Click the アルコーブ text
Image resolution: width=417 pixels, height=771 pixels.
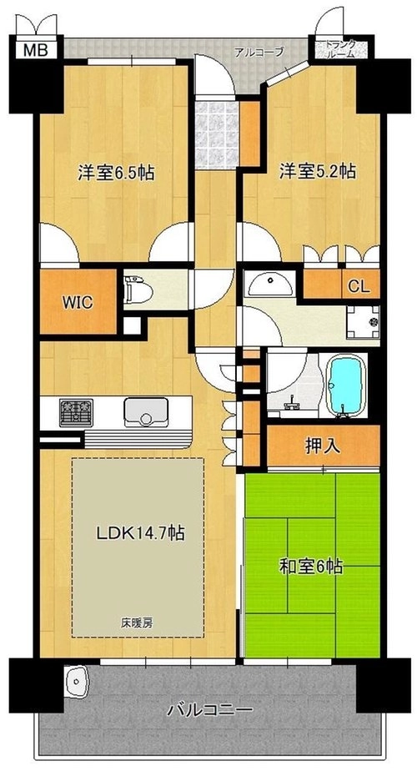tap(252, 52)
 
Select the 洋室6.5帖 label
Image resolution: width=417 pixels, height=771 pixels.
tap(116, 172)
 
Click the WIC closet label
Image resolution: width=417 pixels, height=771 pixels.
tap(78, 302)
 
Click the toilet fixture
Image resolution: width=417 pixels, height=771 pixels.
tap(138, 290)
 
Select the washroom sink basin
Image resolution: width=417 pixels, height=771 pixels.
tap(269, 282)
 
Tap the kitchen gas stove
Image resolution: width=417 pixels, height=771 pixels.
tap(76, 412)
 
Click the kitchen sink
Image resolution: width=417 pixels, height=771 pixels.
tap(146, 412)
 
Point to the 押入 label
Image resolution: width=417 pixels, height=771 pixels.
tap(323, 446)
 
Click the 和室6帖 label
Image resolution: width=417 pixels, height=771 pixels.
tap(311, 567)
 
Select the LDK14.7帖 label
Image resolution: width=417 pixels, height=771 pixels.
tap(140, 532)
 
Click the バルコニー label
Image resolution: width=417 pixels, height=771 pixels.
tap(210, 710)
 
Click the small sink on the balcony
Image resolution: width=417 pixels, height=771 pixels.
tap(75, 681)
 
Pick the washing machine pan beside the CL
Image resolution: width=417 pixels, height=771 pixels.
tap(363, 322)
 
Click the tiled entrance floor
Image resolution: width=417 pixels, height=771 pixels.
tap(217, 134)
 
